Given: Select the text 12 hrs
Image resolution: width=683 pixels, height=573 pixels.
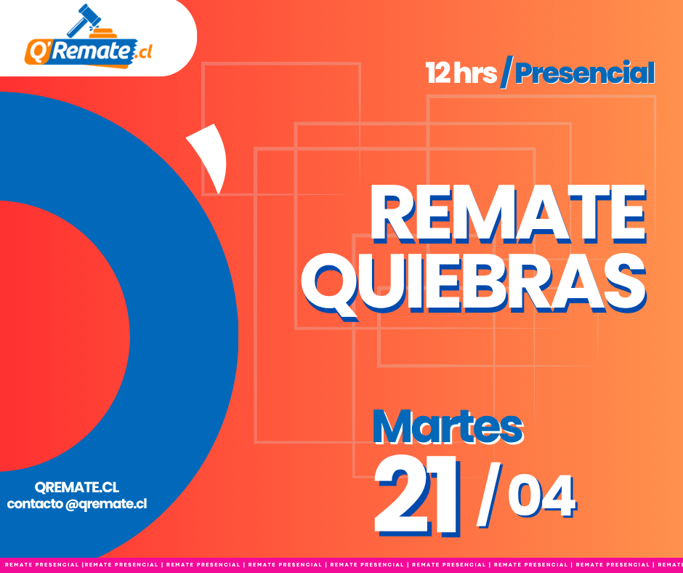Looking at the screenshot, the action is [461, 73].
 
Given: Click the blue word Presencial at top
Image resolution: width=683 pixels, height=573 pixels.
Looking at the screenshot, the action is [585, 73].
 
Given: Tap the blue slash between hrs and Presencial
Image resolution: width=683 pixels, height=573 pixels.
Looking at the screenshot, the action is [506, 72].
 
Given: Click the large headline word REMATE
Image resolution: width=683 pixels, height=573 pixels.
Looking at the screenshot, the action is [508, 213].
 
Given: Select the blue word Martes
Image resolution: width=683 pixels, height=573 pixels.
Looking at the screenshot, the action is [448, 427].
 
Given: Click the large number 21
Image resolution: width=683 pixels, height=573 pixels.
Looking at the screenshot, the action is [417, 495].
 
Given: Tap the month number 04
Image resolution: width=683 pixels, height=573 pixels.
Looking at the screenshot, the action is [542, 496].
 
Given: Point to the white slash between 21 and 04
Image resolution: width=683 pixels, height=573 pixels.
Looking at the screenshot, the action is [489, 494].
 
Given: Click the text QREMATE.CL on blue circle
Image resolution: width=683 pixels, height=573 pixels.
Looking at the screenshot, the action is [77, 487].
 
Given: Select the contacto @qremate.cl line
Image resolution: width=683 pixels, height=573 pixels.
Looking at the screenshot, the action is [77, 504].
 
